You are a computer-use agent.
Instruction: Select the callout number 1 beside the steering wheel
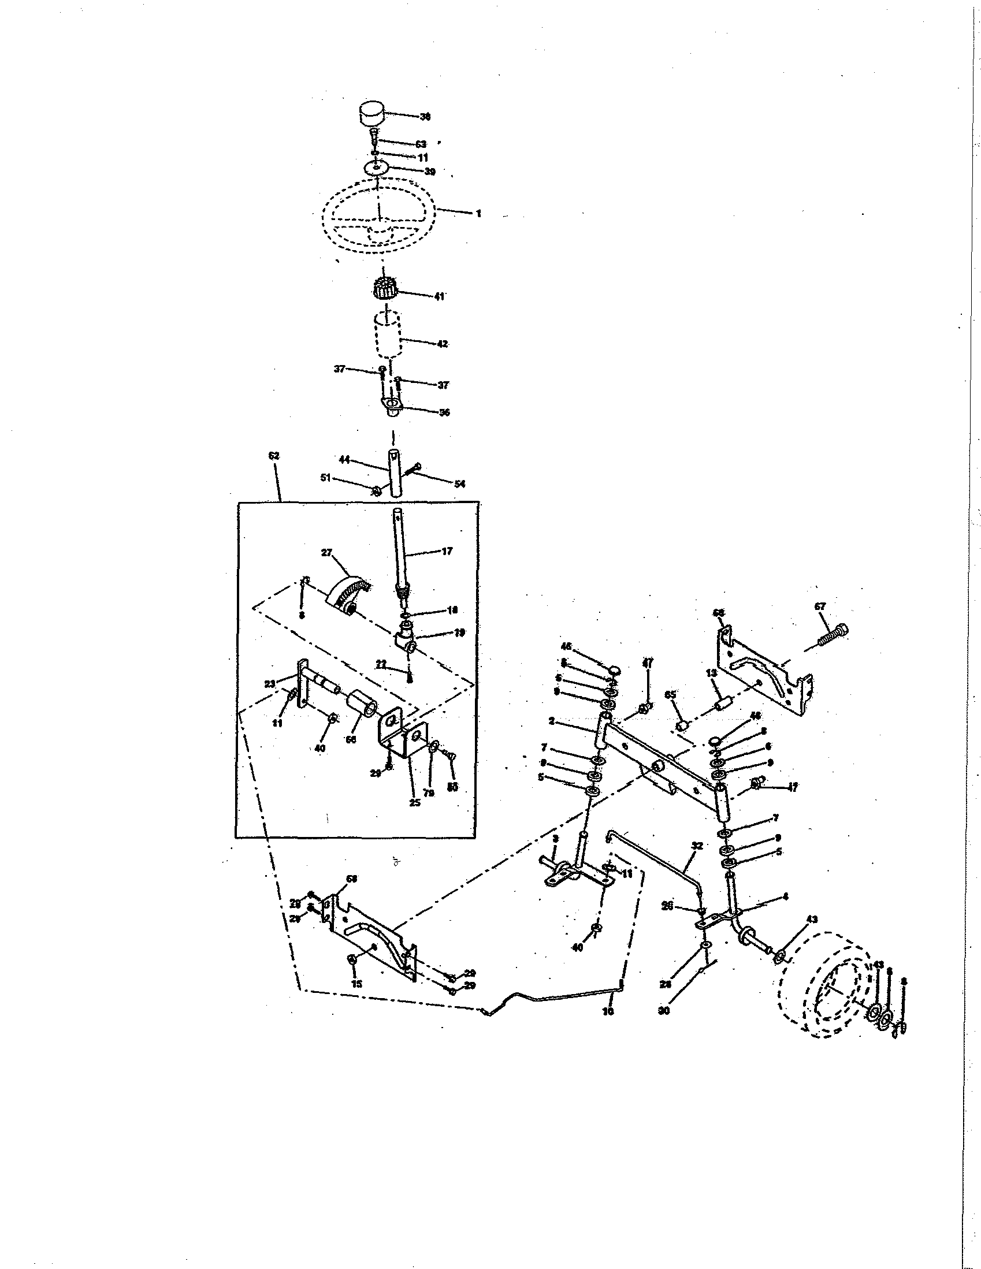pyautogui.click(x=478, y=214)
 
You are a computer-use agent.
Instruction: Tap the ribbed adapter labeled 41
pyautogui.click(x=384, y=288)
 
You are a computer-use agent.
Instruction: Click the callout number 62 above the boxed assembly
pyautogui.click(x=274, y=456)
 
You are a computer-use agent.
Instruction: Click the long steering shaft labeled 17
pyautogui.click(x=400, y=552)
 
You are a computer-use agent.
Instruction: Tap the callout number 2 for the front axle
pyautogui.click(x=552, y=721)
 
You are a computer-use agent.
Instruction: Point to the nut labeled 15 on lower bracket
pyautogui.click(x=352, y=960)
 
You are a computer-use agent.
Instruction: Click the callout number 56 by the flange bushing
pyautogui.click(x=444, y=413)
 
